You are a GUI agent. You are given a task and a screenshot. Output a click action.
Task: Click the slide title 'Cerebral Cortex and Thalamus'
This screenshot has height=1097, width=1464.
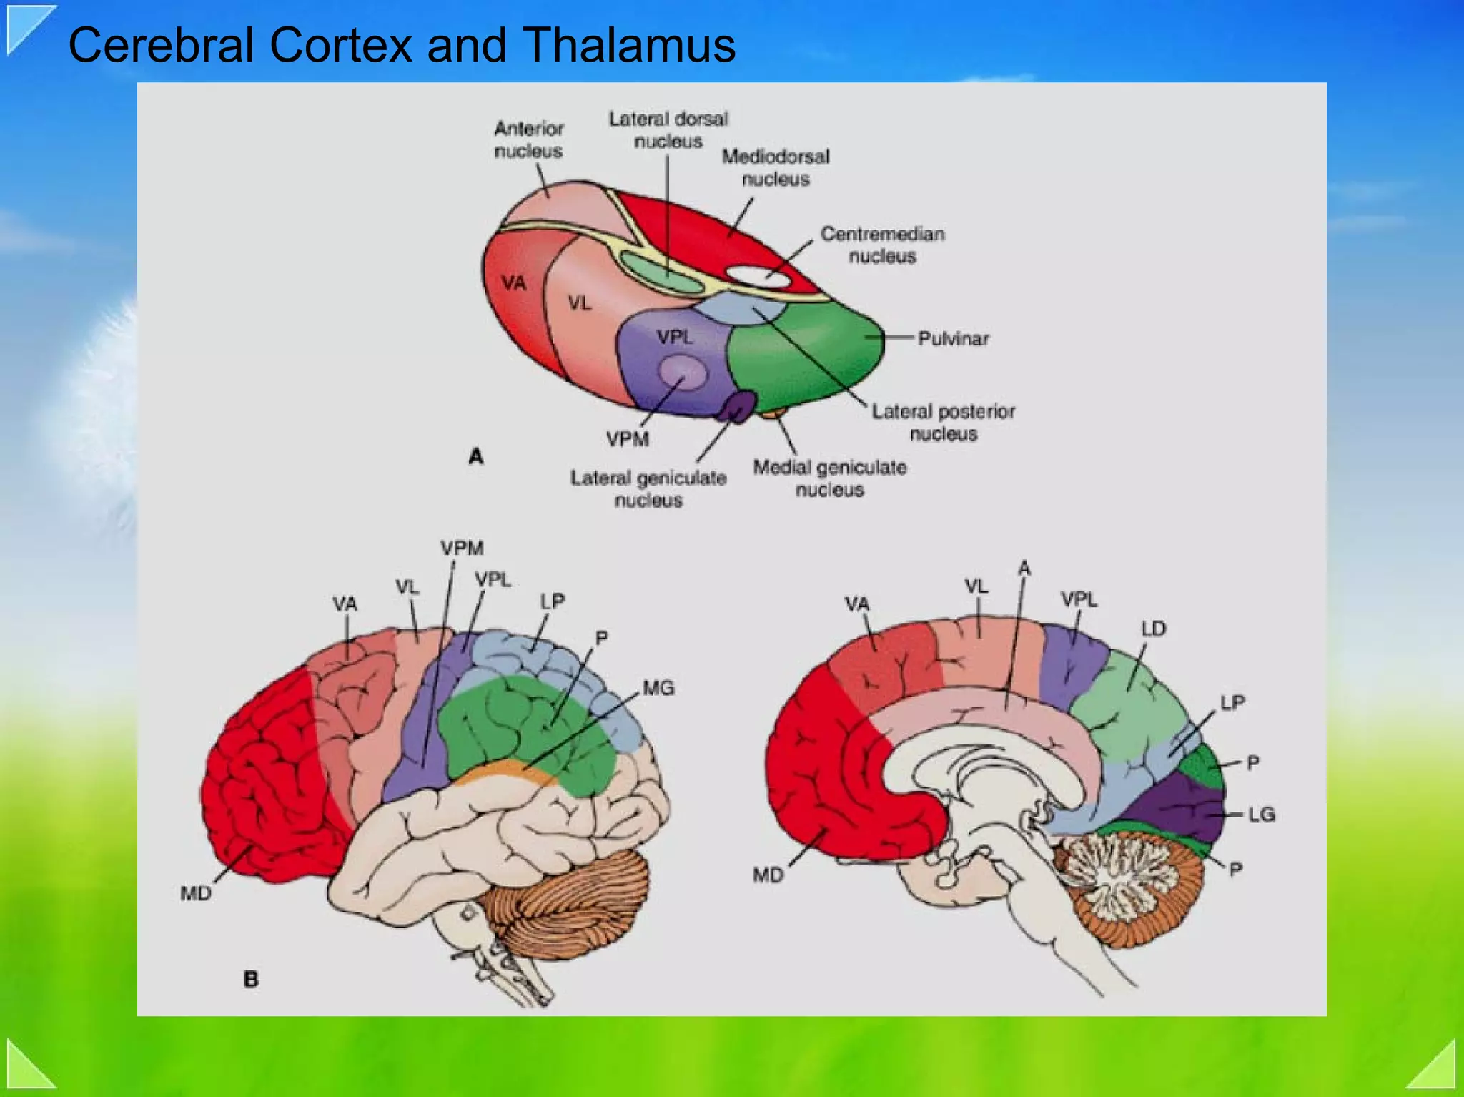(x=401, y=45)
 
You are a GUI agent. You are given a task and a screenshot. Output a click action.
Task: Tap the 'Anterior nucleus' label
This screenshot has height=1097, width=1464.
(x=528, y=139)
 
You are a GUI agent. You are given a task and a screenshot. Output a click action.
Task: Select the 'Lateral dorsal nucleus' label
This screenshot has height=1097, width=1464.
(x=668, y=129)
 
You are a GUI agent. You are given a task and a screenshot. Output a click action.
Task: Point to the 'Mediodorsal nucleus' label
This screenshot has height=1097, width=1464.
(x=776, y=167)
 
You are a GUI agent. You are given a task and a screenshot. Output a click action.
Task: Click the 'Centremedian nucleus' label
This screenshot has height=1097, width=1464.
(x=883, y=245)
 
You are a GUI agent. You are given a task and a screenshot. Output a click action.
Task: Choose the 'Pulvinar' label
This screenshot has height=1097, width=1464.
(x=953, y=338)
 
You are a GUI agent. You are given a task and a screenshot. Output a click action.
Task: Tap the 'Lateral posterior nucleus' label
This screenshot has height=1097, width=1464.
(x=943, y=422)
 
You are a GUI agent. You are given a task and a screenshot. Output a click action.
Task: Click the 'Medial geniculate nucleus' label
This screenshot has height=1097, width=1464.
(x=830, y=478)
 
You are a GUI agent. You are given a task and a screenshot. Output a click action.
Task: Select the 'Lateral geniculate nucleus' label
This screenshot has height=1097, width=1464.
(x=648, y=488)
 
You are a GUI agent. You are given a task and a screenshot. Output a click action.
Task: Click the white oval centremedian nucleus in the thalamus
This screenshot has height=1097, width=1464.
(x=757, y=276)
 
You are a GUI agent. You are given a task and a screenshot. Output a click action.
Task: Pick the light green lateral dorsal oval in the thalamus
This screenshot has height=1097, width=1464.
(x=661, y=272)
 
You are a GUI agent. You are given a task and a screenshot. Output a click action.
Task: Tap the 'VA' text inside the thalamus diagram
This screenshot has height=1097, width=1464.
(x=513, y=283)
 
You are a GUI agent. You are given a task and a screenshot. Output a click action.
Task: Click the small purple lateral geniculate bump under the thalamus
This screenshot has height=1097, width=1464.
(x=738, y=407)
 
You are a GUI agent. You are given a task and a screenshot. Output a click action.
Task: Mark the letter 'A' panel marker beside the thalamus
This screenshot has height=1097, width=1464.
(x=476, y=456)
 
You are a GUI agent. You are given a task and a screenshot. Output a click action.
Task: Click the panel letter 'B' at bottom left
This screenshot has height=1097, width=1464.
(x=251, y=978)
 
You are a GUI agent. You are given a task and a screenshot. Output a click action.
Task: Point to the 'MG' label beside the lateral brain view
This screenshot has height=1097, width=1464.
(x=658, y=688)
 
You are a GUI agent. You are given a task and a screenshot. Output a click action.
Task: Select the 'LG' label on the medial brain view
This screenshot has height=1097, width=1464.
(x=1261, y=814)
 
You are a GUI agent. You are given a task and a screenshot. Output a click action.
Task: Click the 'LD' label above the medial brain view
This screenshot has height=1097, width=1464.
(x=1153, y=629)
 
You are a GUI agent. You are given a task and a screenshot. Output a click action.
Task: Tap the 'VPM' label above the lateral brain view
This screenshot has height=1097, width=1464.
(x=462, y=548)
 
